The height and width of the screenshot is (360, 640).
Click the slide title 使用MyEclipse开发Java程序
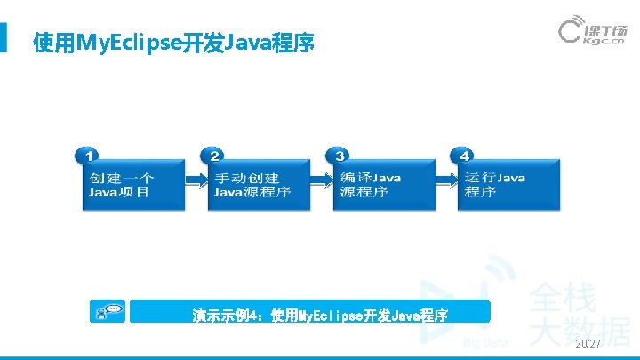(x=173, y=42)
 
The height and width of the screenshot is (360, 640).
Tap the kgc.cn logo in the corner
(x=593, y=32)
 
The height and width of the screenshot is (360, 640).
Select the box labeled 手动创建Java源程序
(x=259, y=185)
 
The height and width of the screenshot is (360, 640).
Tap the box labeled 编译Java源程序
(x=383, y=185)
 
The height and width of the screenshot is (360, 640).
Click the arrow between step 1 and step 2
(x=196, y=181)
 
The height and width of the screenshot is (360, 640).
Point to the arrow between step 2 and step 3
(x=321, y=181)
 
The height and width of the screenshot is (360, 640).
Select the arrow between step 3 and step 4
(x=447, y=181)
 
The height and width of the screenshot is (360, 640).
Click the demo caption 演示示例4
(x=320, y=315)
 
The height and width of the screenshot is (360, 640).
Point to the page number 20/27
(x=588, y=344)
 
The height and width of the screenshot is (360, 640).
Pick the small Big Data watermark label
(x=484, y=341)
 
